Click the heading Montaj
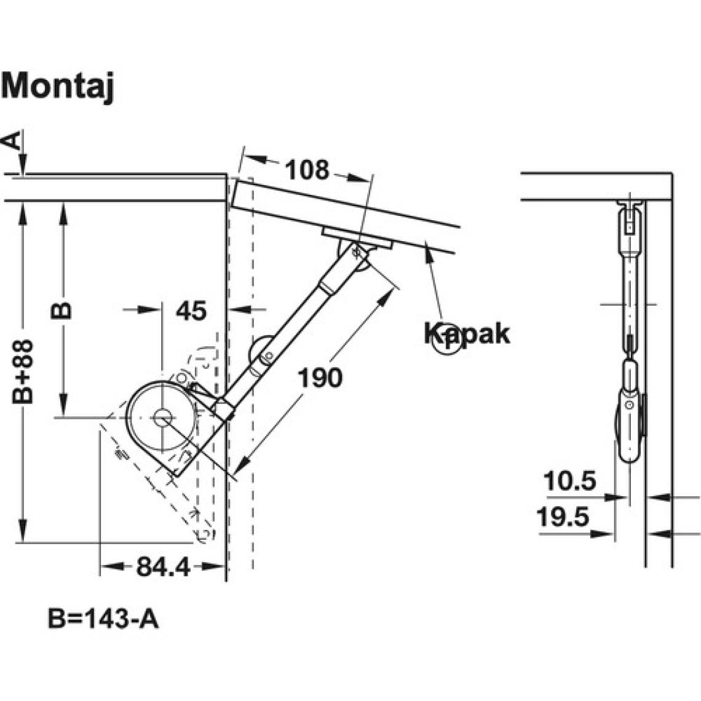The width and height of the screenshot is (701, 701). point(58,86)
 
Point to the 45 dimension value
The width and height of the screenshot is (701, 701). point(191,311)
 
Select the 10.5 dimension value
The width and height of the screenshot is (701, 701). point(570,481)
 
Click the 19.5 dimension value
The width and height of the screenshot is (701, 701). point(563,517)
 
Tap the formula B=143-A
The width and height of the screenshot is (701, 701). point(103,619)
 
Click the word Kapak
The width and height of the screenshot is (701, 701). point(467,334)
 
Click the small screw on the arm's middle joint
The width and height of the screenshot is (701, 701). point(267,355)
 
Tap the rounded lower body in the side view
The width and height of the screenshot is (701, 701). point(628,424)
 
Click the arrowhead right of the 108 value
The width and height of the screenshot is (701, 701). point(352,177)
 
